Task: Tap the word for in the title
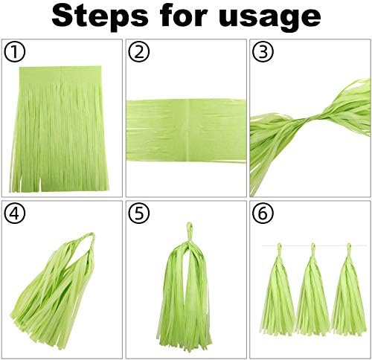(x=183, y=16)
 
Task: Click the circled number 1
(x=15, y=52)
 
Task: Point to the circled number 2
(x=139, y=52)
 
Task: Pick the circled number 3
(x=263, y=52)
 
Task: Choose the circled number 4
(x=15, y=213)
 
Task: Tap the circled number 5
(x=139, y=213)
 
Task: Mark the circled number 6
(x=263, y=213)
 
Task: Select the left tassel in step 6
(x=278, y=289)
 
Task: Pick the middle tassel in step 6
(x=313, y=289)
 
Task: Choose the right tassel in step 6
(x=349, y=289)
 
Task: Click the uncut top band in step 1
(x=60, y=75)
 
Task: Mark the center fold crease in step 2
(x=189, y=130)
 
